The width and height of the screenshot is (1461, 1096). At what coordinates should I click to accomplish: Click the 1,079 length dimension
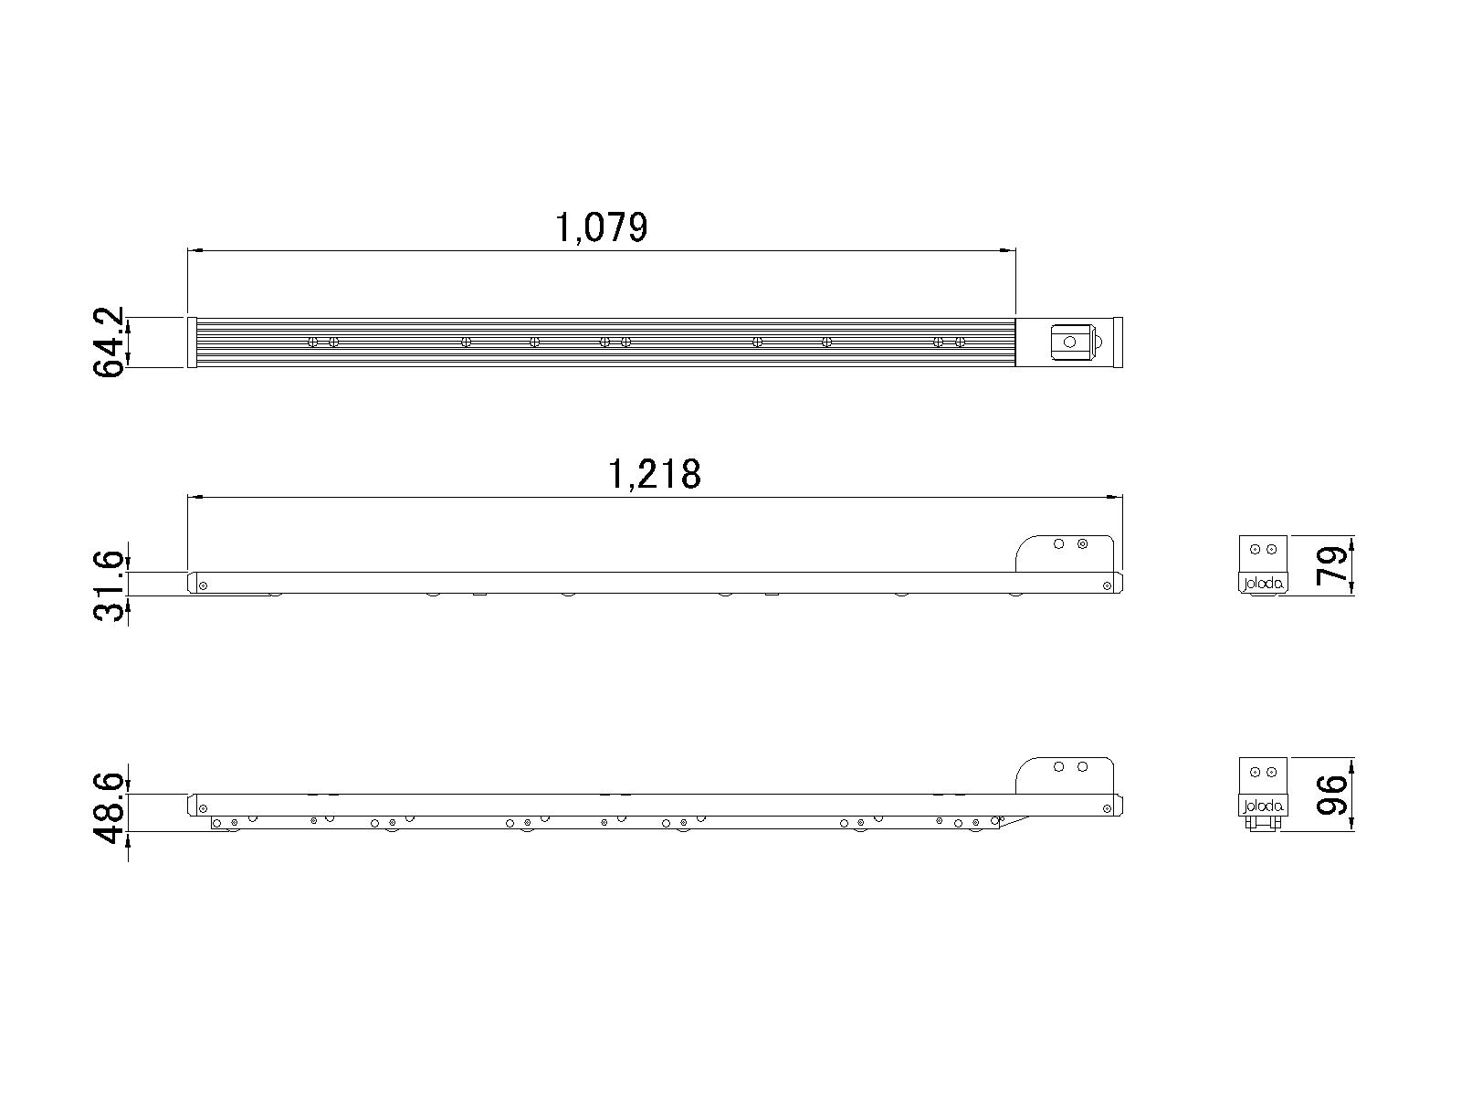click(601, 228)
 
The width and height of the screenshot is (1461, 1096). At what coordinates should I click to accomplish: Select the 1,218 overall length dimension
click(655, 474)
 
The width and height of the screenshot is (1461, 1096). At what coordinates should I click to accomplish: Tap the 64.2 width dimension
click(108, 342)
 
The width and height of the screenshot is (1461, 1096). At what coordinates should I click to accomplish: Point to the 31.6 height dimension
click(108, 586)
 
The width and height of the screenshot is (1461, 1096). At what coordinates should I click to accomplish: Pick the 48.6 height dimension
click(108, 808)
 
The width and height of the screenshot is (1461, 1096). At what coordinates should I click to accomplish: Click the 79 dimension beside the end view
click(1332, 565)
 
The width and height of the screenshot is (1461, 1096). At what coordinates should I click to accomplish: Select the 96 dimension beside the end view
click(1332, 795)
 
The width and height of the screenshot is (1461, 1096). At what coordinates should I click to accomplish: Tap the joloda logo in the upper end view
click(1263, 584)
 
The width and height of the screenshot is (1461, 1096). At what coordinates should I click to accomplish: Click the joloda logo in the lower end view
click(1263, 806)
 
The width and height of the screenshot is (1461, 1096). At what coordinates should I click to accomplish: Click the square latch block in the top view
click(1072, 342)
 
